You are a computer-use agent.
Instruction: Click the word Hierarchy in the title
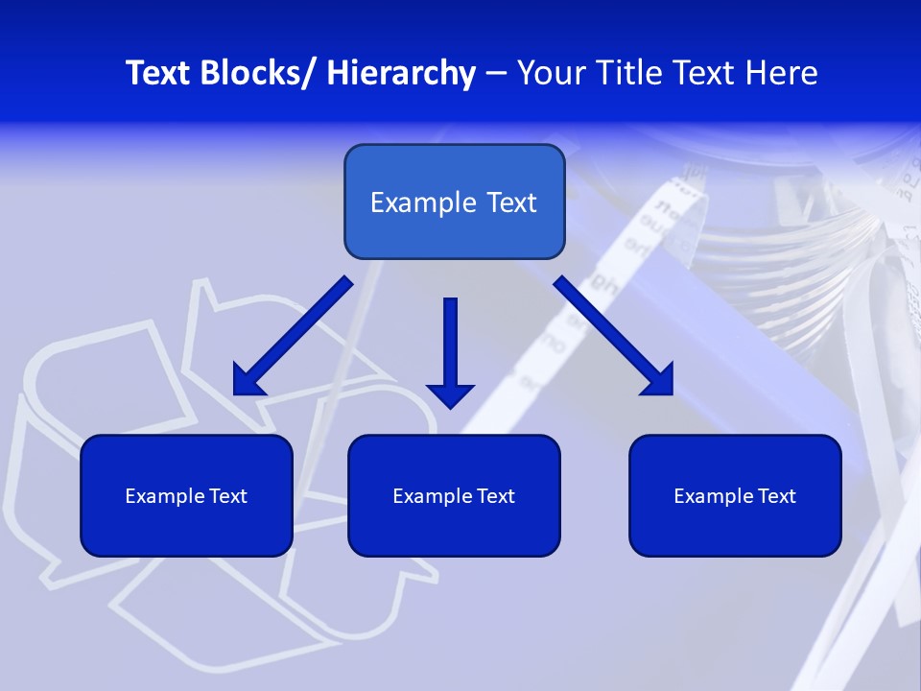click(401, 74)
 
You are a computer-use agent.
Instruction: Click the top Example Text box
click(454, 202)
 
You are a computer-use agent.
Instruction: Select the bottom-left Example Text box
click(186, 495)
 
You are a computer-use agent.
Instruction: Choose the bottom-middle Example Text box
click(454, 495)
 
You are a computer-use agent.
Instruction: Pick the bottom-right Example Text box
click(735, 495)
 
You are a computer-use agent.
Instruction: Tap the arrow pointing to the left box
click(293, 336)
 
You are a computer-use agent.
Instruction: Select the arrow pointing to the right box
click(614, 336)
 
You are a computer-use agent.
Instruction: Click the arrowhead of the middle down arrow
click(450, 394)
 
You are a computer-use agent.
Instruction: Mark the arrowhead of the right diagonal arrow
click(659, 381)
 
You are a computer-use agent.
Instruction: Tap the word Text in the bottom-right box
click(777, 496)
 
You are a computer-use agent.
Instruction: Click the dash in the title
click(496, 74)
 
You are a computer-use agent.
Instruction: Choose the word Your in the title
click(549, 74)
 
